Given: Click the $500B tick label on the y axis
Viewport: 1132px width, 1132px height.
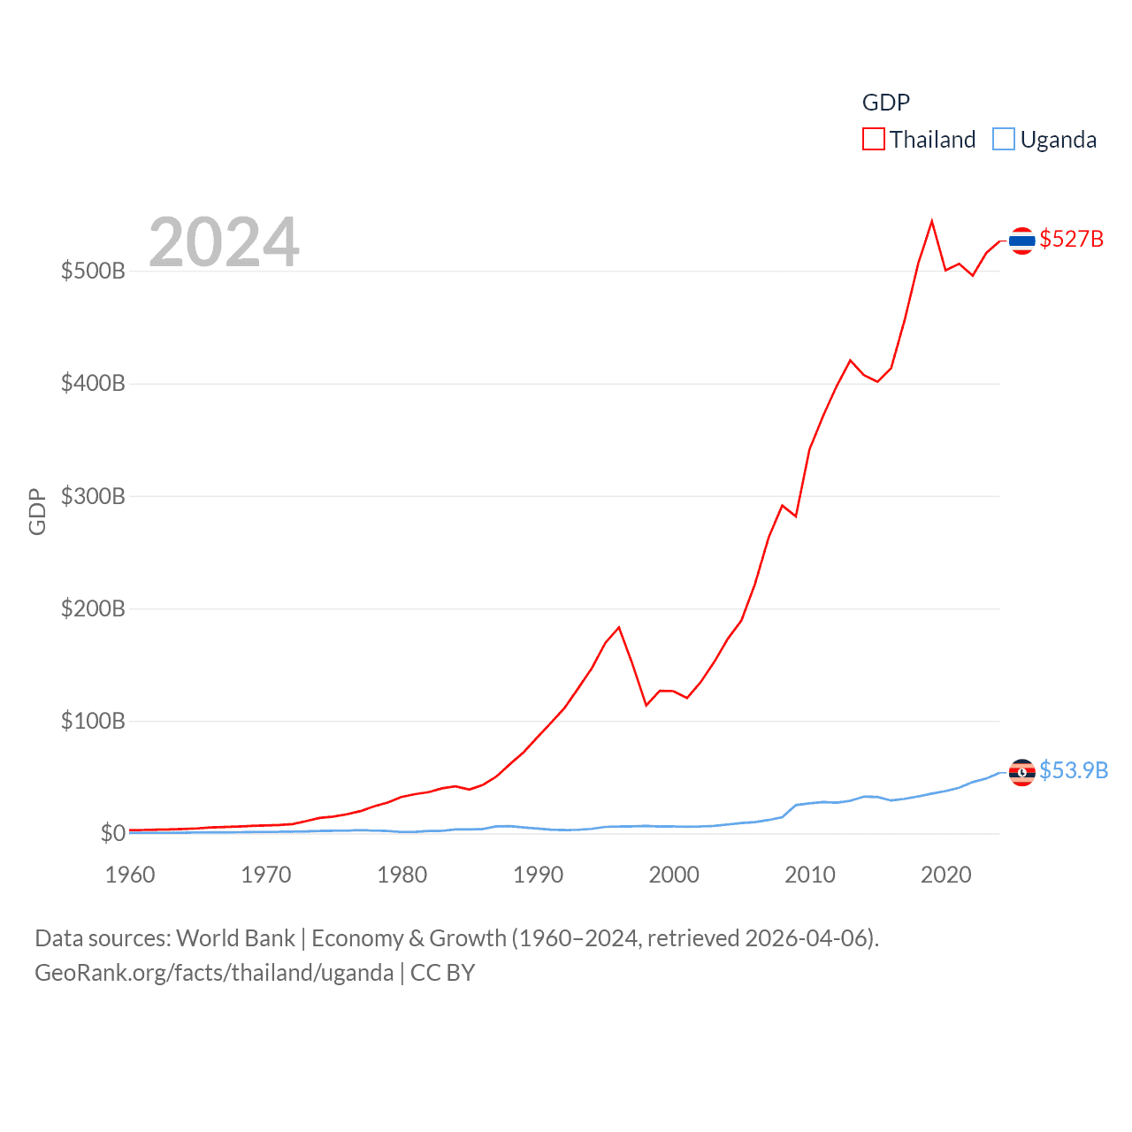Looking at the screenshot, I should point(93,271).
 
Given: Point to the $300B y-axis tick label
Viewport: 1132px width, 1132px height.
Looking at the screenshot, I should point(93,496).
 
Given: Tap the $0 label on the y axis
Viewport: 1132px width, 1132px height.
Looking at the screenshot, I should point(112,833).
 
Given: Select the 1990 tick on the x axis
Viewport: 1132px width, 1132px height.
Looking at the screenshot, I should point(538,875).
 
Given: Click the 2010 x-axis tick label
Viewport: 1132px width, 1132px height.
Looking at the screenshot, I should point(810,875).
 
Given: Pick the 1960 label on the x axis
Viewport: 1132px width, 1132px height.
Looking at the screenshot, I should point(130,875).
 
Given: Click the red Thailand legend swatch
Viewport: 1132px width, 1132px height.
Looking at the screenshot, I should point(874,140).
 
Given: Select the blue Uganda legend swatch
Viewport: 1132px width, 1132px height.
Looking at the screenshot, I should point(1004,140).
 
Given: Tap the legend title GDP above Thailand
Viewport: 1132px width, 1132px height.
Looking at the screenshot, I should point(886,103).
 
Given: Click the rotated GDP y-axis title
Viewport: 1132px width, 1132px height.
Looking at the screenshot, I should point(37,511).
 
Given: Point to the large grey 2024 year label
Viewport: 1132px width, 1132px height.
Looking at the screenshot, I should point(224,242).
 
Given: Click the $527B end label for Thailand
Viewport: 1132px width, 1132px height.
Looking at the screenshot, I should point(1071,239).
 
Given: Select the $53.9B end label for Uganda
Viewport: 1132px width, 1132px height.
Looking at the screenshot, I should point(1074,770).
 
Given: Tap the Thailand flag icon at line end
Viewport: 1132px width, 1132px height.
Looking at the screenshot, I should point(1022,241).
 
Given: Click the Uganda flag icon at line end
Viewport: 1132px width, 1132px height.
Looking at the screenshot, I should point(1022,772).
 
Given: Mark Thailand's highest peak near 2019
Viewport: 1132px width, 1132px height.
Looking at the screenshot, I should point(932,221).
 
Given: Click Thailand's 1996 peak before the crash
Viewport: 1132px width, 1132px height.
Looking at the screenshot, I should point(619,628).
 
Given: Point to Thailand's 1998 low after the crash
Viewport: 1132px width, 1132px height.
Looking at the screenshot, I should point(646,705).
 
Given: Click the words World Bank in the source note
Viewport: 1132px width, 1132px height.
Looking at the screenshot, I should point(235,937).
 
